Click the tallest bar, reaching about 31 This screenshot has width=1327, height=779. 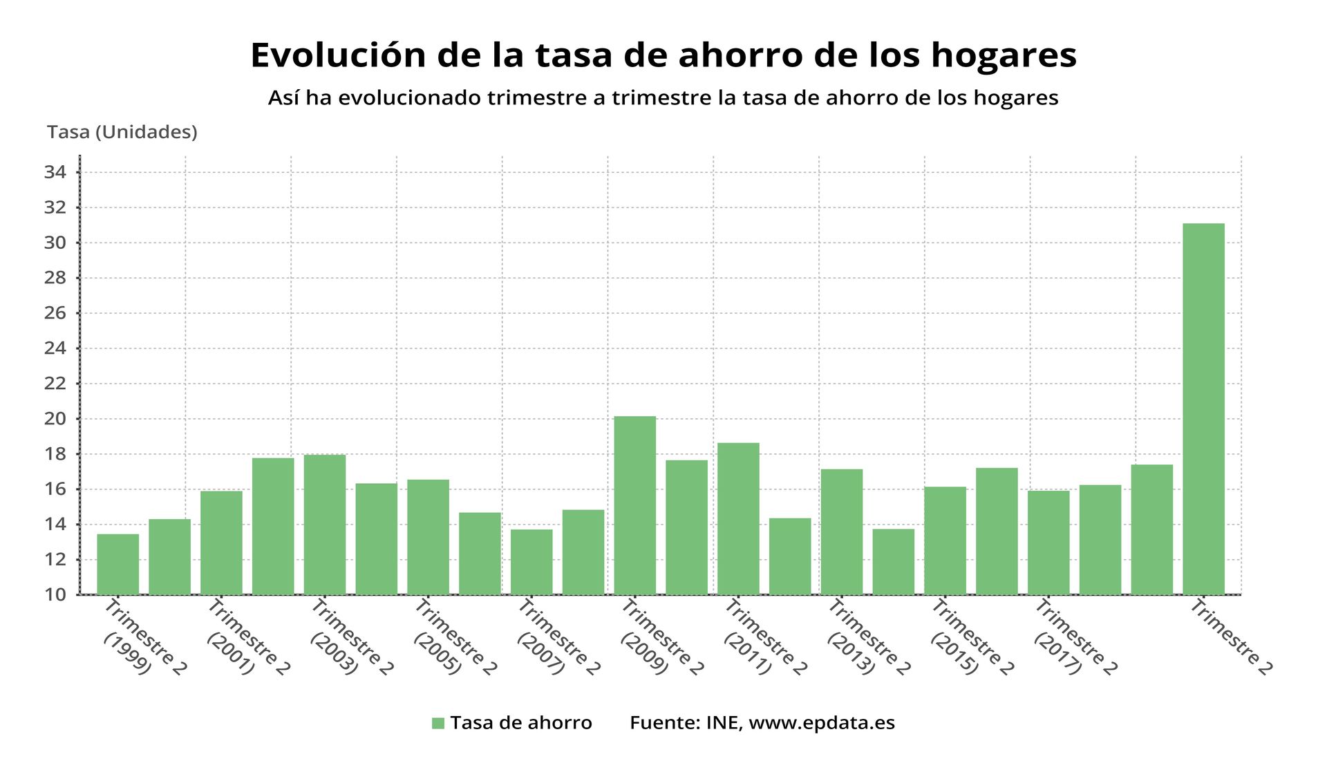pyautogui.click(x=1203, y=408)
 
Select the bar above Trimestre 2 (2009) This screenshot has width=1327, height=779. pyautogui.click(x=634, y=505)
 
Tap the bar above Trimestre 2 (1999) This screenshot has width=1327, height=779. pyautogui.click(x=117, y=563)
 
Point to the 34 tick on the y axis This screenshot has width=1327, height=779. pyautogui.click(x=55, y=172)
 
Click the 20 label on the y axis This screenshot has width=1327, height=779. pyautogui.click(x=55, y=419)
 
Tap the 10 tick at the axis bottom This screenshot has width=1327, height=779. pyautogui.click(x=55, y=594)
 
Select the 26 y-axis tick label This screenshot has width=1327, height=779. pyautogui.click(x=55, y=313)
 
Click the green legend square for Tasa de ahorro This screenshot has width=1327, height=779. pyautogui.click(x=437, y=723)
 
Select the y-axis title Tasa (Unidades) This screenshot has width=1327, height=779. pyautogui.click(x=122, y=132)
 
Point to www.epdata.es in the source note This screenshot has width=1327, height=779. pyautogui.click(x=822, y=723)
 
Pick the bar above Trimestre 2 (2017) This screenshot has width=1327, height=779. pyautogui.click(x=1048, y=542)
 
